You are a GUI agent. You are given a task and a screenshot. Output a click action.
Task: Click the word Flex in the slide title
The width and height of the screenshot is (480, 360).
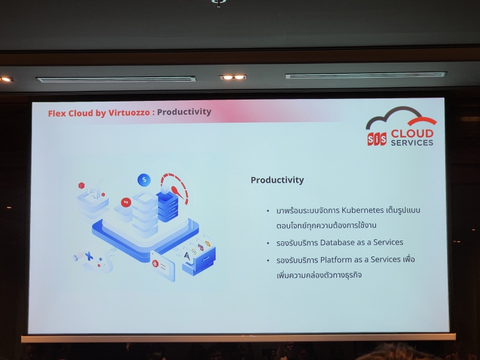tap(57, 113)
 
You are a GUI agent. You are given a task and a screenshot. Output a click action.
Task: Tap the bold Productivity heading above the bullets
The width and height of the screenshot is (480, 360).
tap(277, 180)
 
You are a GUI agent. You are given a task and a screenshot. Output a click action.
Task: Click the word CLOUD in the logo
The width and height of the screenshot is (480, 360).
tap(411, 133)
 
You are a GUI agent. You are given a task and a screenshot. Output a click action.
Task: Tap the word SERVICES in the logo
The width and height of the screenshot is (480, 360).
tap(411, 142)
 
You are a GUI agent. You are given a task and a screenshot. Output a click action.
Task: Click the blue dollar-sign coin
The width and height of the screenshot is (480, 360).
tap(144, 179)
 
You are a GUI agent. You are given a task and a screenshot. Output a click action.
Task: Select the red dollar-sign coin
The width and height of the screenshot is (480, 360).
tap(125, 202)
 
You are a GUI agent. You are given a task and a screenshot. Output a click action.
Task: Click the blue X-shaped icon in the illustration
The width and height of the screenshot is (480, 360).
tap(89, 256)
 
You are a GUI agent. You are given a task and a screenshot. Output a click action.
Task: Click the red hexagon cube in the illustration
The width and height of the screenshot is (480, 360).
tap(82, 186)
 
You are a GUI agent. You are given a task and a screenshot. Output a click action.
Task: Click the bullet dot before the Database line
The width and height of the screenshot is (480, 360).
tap(268, 243)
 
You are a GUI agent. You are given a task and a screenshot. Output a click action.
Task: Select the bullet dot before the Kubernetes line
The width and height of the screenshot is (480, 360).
tap(268, 211)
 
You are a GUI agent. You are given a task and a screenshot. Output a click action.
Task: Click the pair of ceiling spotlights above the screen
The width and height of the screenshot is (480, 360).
tap(233, 77)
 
